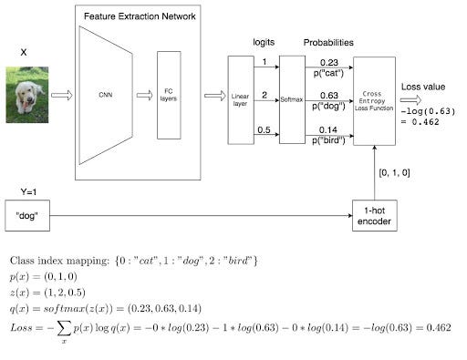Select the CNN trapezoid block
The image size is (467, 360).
pyautogui.click(x=106, y=94)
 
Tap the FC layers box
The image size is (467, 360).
pyautogui.click(x=169, y=95)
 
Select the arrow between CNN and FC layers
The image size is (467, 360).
pyautogui.click(x=144, y=94)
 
